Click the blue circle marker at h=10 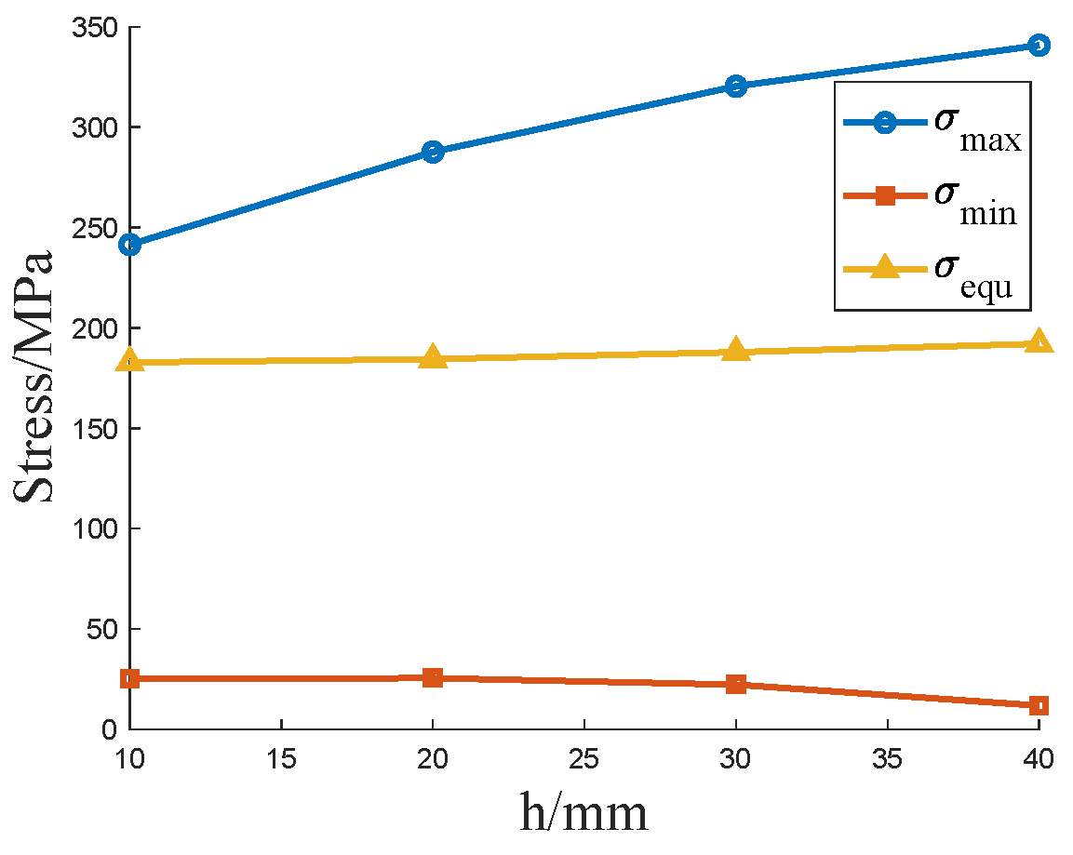130,245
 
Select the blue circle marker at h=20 433,152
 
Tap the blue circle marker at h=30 735,87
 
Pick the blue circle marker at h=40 1039,46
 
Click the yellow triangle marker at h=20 433,357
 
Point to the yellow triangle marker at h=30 735,351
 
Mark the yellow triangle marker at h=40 1039,342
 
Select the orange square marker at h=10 130,678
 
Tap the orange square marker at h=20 433,677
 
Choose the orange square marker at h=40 1039,705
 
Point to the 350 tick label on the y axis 95,27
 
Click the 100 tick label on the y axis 95,528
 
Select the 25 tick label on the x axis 583,759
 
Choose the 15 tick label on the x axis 281,759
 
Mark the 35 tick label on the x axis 887,759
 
